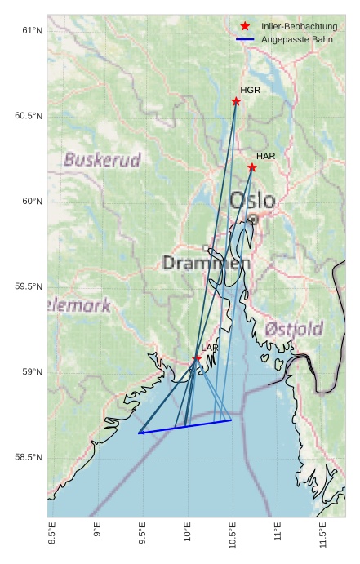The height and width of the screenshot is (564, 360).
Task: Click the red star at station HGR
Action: click(236, 101)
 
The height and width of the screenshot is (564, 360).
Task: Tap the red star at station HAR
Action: click(252, 167)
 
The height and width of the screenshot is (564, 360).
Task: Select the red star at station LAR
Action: click(197, 358)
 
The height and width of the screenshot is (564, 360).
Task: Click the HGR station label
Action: click(250, 90)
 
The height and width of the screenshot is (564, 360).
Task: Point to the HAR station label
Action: click(265, 156)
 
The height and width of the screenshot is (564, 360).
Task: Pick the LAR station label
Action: click(210, 348)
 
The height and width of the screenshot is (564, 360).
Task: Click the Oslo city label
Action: click(251, 200)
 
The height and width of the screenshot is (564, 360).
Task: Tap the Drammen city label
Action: click(206, 263)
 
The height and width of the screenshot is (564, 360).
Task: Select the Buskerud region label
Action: click(102, 160)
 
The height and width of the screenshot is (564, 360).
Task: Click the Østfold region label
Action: click(294, 329)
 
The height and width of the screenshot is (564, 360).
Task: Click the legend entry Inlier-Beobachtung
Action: click(299, 27)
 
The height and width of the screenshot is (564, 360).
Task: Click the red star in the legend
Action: click(245, 26)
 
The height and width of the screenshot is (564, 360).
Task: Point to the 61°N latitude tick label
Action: click(31, 30)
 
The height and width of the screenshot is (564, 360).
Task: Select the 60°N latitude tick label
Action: click(31, 201)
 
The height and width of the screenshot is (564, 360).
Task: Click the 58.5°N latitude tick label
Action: click(29, 457)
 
